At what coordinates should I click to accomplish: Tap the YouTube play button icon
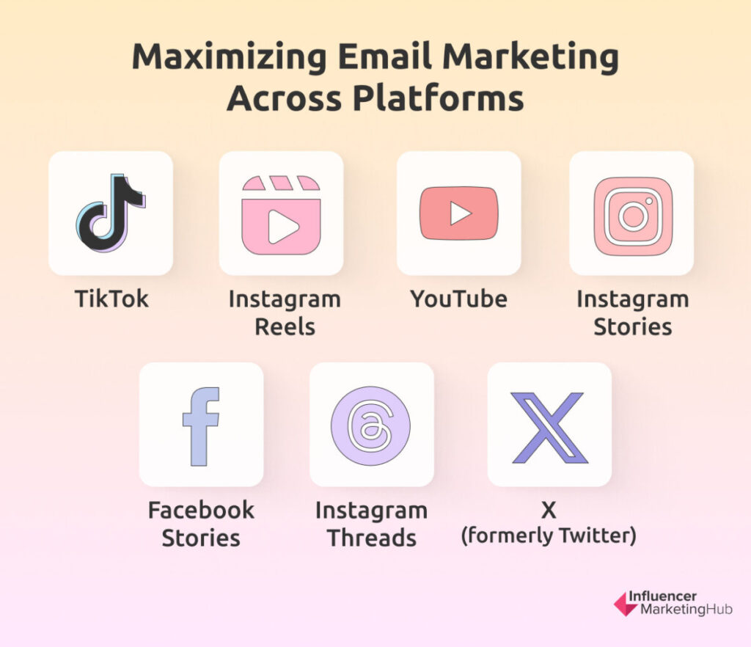click(x=459, y=213)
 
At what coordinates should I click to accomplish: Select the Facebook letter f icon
click(x=201, y=426)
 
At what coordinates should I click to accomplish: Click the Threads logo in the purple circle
click(x=370, y=425)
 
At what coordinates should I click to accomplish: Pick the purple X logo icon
click(x=549, y=428)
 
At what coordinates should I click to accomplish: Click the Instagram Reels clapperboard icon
click(x=281, y=214)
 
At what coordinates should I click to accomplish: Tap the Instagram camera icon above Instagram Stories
click(x=633, y=216)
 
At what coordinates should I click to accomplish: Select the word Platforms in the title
click(x=439, y=98)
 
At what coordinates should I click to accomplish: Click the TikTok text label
click(x=111, y=299)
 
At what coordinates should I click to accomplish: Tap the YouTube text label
click(x=459, y=299)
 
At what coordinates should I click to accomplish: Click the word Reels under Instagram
click(x=285, y=327)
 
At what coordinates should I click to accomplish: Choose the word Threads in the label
click(x=372, y=538)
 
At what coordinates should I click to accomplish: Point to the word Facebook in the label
click(x=201, y=510)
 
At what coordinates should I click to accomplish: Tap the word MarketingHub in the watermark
click(x=686, y=609)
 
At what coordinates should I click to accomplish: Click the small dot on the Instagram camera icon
click(x=649, y=201)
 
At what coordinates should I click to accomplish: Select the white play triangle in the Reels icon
click(x=282, y=227)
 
